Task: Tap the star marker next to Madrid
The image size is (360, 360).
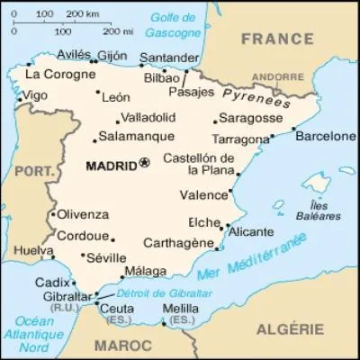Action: (x=144, y=164)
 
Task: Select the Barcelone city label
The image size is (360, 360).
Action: (x=326, y=137)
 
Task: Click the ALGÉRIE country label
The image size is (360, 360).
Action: (x=289, y=329)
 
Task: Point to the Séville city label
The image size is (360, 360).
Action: (x=106, y=257)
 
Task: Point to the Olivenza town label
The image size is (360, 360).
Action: (x=83, y=214)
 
